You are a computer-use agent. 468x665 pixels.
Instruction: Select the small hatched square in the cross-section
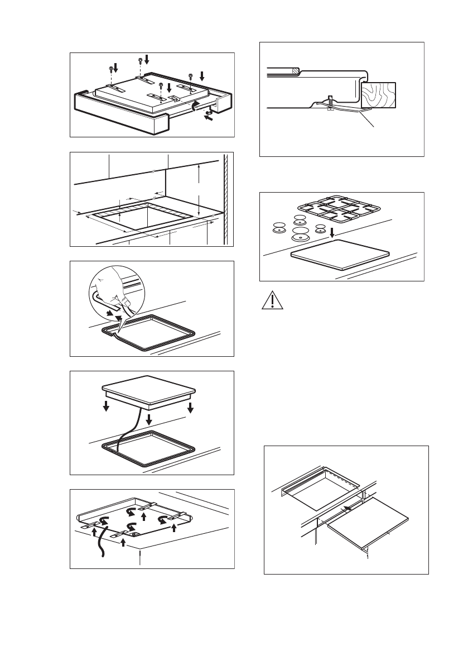pos(293,71)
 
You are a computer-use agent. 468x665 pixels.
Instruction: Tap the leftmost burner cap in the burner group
pos(278,227)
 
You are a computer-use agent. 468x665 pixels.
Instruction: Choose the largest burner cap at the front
pos(300,233)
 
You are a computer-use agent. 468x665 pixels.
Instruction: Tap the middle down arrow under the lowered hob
pos(149,418)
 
